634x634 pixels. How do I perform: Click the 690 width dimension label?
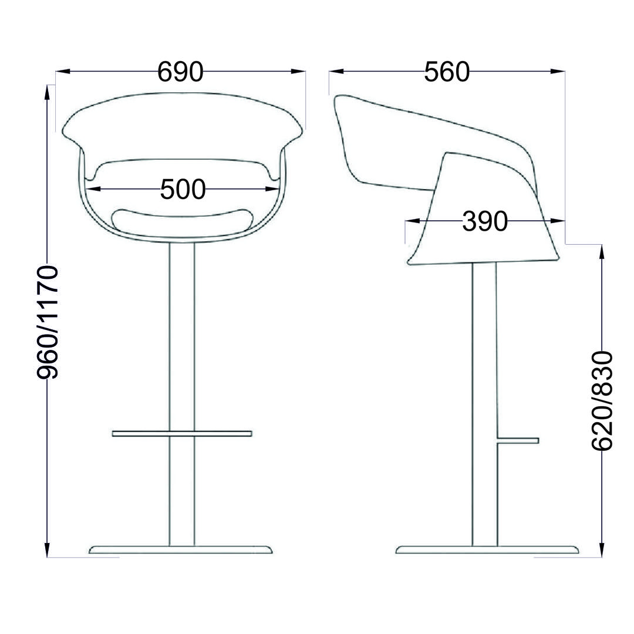click(180, 72)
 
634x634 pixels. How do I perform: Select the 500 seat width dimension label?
click(183, 189)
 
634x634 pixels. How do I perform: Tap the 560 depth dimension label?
click(447, 72)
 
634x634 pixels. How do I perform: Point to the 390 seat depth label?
click(485, 221)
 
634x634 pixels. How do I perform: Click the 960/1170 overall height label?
click(48, 322)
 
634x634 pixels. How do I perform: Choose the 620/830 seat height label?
click(602, 401)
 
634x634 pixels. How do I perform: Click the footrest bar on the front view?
click(182, 434)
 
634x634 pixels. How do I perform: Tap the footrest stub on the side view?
click(518, 440)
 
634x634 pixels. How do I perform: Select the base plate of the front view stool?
click(181, 549)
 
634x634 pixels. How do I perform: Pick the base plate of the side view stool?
click(487, 549)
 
